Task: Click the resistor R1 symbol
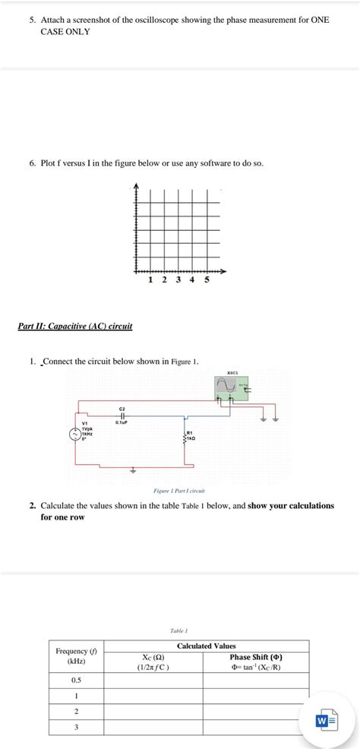(185, 436)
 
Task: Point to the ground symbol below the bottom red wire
(134, 470)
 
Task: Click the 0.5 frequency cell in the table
(76, 680)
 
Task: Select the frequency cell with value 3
(76, 728)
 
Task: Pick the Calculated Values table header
(206, 646)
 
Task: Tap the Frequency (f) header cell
(76, 656)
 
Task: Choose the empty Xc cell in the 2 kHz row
(153, 712)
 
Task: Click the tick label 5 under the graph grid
(207, 280)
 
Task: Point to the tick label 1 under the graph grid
(150, 280)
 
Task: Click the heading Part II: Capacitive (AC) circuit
(75, 326)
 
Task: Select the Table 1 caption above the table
(179, 630)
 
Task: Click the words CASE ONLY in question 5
(65, 32)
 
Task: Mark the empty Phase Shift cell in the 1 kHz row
(256, 696)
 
